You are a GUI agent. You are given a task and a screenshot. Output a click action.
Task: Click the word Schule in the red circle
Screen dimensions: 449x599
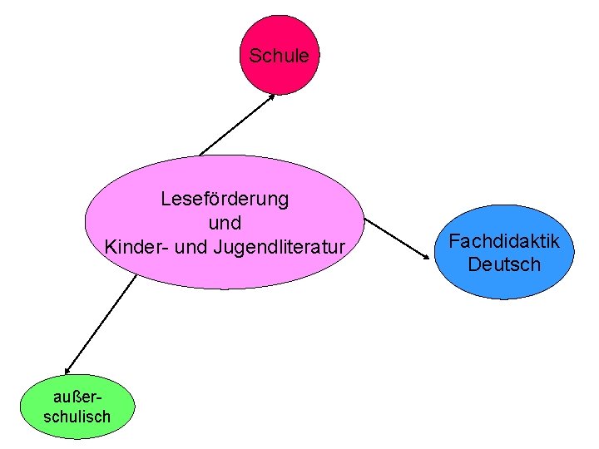click(x=279, y=57)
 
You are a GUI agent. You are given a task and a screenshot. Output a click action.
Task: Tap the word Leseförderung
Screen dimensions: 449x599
click(x=225, y=200)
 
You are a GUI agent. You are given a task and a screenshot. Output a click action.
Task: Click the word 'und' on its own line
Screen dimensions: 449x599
click(x=225, y=223)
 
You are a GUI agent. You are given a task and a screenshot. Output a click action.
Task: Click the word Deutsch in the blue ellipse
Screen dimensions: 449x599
click(x=504, y=264)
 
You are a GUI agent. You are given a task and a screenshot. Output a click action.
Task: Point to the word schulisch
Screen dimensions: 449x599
click(x=77, y=416)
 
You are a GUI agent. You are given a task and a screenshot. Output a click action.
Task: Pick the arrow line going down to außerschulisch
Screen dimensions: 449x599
click(x=100, y=324)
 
